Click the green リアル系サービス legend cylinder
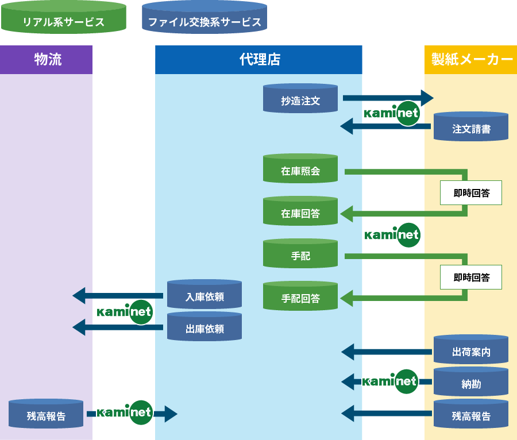click(63, 18)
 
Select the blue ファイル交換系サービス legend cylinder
click(205, 18)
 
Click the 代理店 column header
click(259, 59)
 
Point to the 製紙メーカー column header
click(471, 59)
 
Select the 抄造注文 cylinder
click(300, 99)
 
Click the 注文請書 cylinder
click(470, 127)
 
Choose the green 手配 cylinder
click(300, 254)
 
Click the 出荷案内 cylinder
click(470, 350)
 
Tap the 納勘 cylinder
click(470, 382)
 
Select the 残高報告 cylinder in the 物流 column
click(46, 414)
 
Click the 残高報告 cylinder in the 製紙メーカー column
click(470, 414)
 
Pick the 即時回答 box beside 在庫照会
click(471, 193)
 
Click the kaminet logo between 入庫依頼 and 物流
click(125, 312)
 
